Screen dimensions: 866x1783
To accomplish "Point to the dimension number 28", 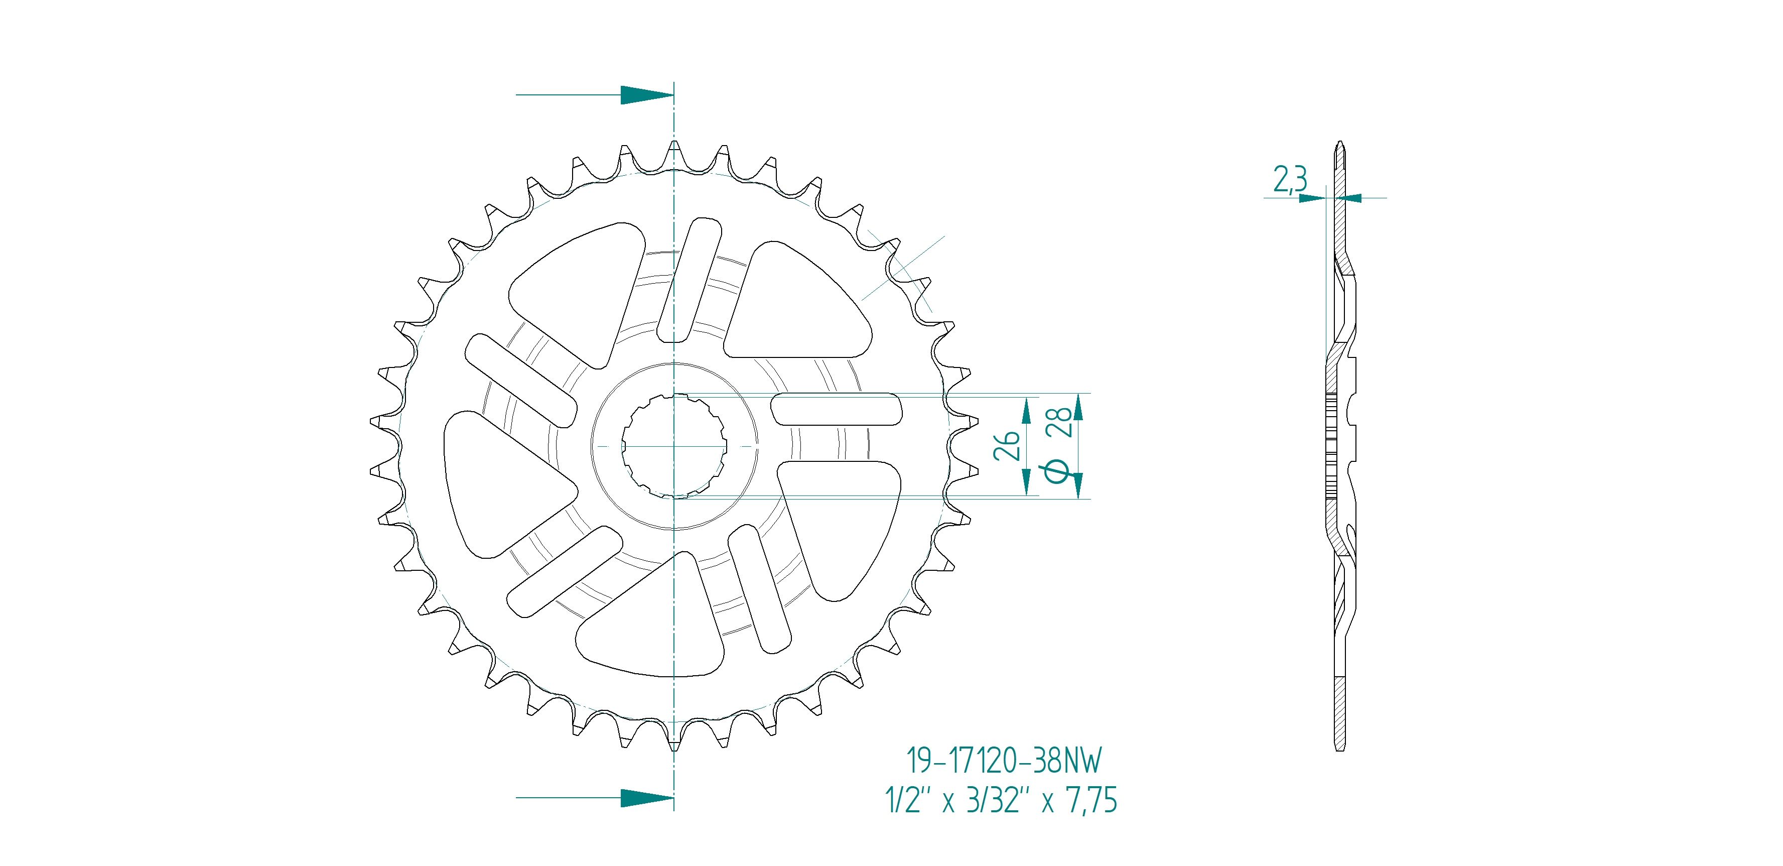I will coord(1061,422).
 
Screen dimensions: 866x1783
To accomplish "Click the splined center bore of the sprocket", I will coord(673,446).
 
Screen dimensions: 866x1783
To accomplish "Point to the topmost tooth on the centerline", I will coord(674,149).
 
